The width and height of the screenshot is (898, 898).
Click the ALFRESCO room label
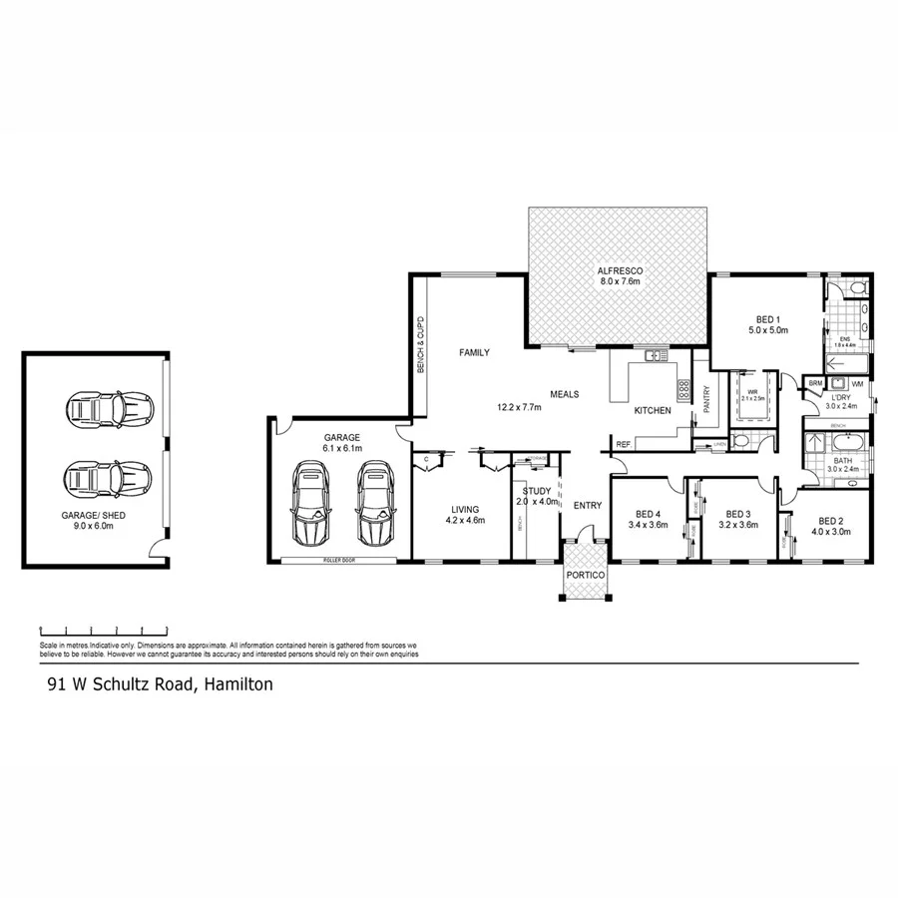(x=619, y=270)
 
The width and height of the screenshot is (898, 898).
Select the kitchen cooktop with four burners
(x=684, y=389)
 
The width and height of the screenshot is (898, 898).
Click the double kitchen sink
(x=656, y=355)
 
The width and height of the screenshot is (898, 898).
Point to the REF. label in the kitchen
(x=622, y=444)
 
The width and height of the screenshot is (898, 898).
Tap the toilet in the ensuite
(x=857, y=288)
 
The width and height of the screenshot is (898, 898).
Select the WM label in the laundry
(x=857, y=383)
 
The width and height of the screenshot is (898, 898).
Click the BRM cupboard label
(x=815, y=383)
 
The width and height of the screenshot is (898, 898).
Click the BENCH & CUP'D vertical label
(x=421, y=336)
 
